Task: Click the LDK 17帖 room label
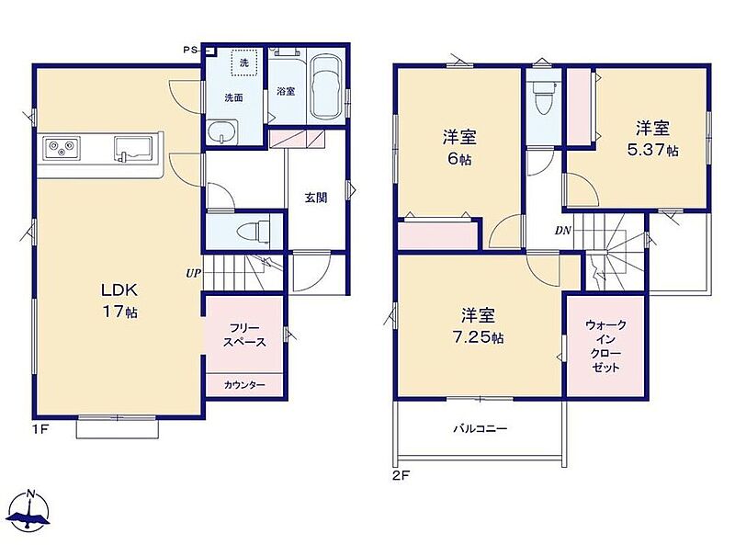click(119, 301)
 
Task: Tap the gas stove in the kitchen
click(62, 148)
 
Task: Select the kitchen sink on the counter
click(133, 149)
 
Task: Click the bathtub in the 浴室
click(327, 88)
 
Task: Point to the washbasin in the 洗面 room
click(222, 131)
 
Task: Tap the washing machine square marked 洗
click(244, 62)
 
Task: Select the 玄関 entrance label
click(316, 198)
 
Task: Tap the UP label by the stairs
click(193, 274)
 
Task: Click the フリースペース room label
click(244, 335)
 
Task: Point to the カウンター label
click(244, 385)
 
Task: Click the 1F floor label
click(40, 428)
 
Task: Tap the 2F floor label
click(401, 476)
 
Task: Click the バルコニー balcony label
click(480, 428)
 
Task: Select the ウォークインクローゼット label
click(605, 346)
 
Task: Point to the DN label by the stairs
click(563, 231)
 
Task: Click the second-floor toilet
click(544, 97)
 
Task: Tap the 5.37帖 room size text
click(652, 150)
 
